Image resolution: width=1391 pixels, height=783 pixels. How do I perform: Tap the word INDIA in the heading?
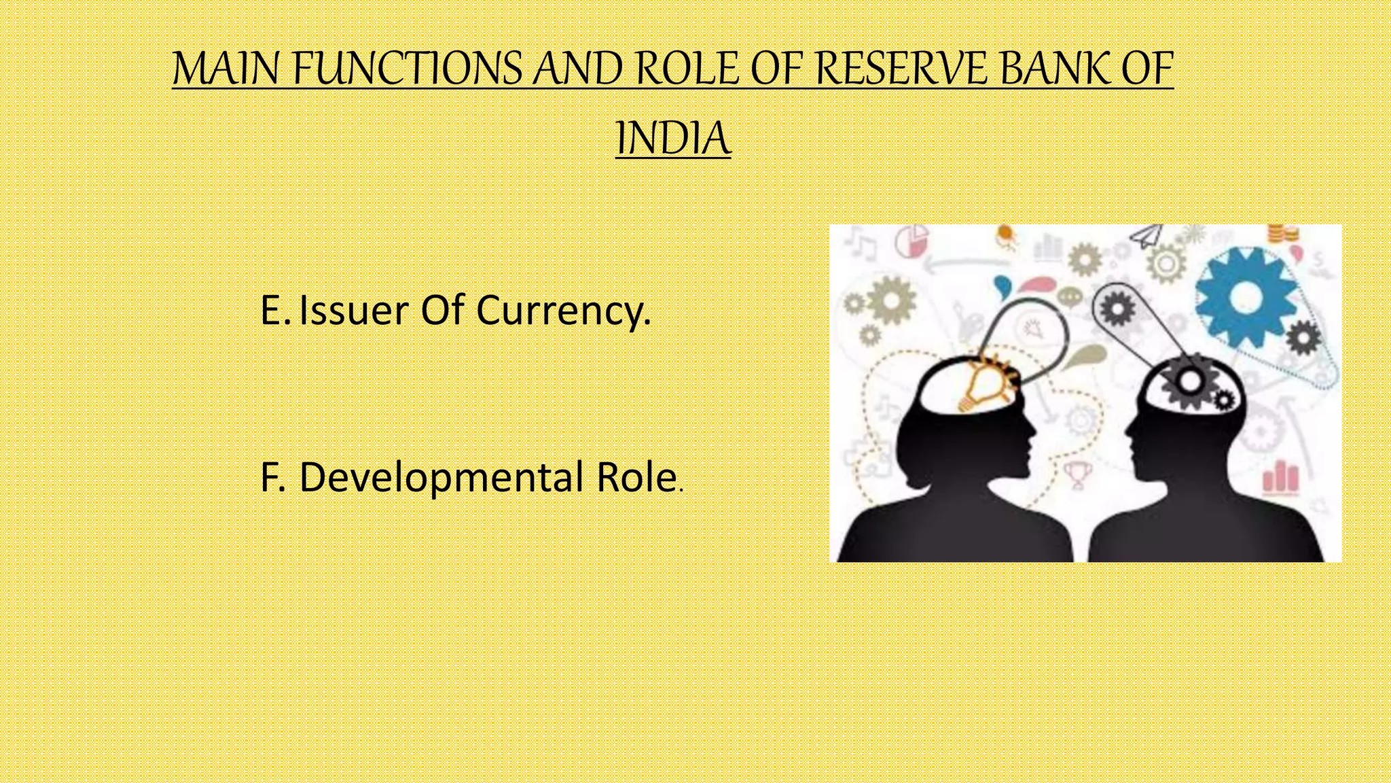[x=673, y=139]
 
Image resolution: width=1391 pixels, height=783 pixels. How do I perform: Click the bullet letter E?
[x=274, y=311]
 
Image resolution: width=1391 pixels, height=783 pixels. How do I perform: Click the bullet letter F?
[x=272, y=477]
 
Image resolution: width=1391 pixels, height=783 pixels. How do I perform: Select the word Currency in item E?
[x=563, y=312]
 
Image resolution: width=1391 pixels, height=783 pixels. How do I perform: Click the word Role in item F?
[x=636, y=477]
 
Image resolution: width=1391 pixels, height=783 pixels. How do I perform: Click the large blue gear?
[x=1244, y=297]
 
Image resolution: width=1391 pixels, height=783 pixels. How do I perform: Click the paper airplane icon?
[x=1147, y=236]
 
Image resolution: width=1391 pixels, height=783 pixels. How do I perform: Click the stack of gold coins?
[x=1283, y=234]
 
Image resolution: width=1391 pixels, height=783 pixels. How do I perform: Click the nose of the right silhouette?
[x=1127, y=433]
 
